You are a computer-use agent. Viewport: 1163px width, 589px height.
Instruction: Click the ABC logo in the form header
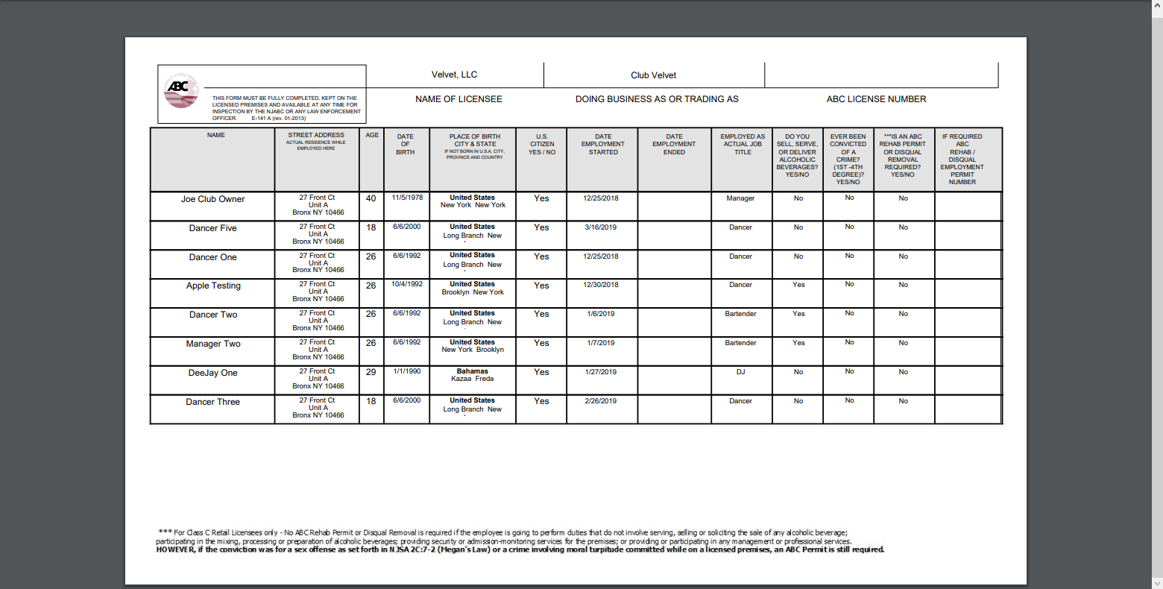(180, 90)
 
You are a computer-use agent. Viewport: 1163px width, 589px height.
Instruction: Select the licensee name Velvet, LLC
(454, 75)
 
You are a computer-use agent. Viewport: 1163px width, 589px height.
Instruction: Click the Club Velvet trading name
(653, 75)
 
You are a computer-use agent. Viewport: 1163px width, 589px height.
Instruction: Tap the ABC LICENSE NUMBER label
(876, 99)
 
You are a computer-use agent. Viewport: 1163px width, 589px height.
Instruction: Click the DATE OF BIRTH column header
(406, 144)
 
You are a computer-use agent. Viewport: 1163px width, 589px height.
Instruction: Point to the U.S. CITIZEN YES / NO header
(542, 144)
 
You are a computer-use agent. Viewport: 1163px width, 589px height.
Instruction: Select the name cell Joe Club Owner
(212, 199)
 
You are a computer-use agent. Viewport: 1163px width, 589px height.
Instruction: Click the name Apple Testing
(213, 286)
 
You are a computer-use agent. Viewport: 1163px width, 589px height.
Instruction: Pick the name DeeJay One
(212, 373)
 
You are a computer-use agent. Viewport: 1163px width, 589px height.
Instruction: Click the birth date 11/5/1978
(407, 198)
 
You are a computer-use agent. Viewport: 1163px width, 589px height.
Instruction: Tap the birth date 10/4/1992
(407, 284)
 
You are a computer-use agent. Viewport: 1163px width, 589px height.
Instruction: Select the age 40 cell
(371, 198)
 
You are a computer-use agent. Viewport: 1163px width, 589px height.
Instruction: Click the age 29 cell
(371, 372)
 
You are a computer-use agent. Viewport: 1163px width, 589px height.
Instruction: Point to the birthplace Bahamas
(473, 371)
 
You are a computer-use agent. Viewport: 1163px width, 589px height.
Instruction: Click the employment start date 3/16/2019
(601, 227)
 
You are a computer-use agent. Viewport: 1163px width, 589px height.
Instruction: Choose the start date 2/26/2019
(601, 401)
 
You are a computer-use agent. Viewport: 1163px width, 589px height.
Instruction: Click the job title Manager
(740, 198)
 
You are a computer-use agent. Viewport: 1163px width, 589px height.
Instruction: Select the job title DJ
(740, 372)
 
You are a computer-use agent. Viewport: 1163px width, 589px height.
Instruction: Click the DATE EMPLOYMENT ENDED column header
(674, 144)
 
